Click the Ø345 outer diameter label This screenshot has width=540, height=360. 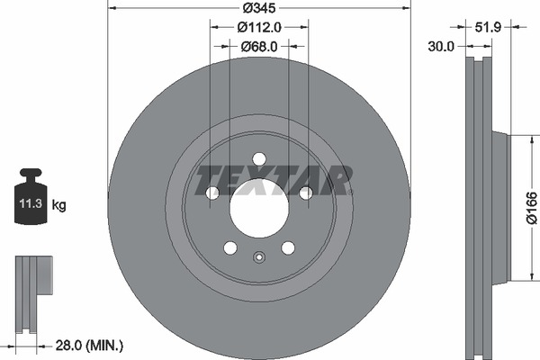tap(259, 8)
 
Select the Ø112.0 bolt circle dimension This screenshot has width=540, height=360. tap(259, 27)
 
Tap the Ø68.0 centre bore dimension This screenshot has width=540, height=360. tap(259, 47)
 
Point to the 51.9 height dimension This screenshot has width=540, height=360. tap(488, 27)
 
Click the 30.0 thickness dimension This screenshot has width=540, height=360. tap(441, 46)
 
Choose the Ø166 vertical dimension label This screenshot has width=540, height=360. tap(532, 209)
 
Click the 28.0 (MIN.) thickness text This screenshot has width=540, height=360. tap(89, 346)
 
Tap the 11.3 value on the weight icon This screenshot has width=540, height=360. tap(31, 203)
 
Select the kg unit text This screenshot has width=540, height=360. tap(58, 205)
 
